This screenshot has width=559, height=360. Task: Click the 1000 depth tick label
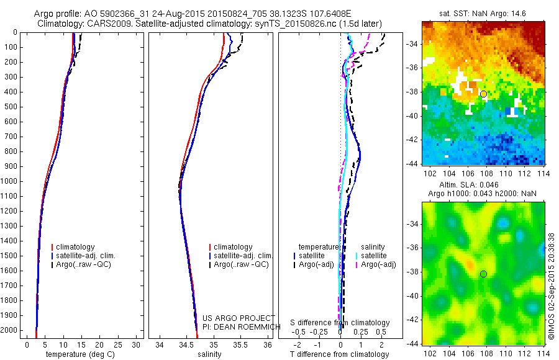(x=11, y=181)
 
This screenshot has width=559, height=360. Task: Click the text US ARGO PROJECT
(x=239, y=318)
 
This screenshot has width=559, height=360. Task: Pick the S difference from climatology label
(x=340, y=323)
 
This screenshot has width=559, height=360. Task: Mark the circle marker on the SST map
(x=483, y=94)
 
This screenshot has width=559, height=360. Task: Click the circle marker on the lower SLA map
(x=483, y=274)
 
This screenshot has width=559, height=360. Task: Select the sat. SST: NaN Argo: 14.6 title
(x=483, y=14)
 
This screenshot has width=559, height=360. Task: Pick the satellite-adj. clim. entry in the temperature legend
(x=90, y=256)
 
